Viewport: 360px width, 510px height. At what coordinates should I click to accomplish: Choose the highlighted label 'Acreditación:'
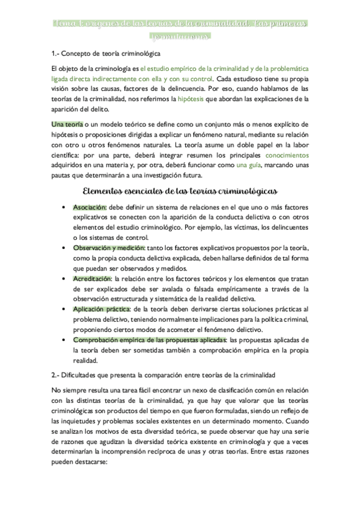point(93,279)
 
